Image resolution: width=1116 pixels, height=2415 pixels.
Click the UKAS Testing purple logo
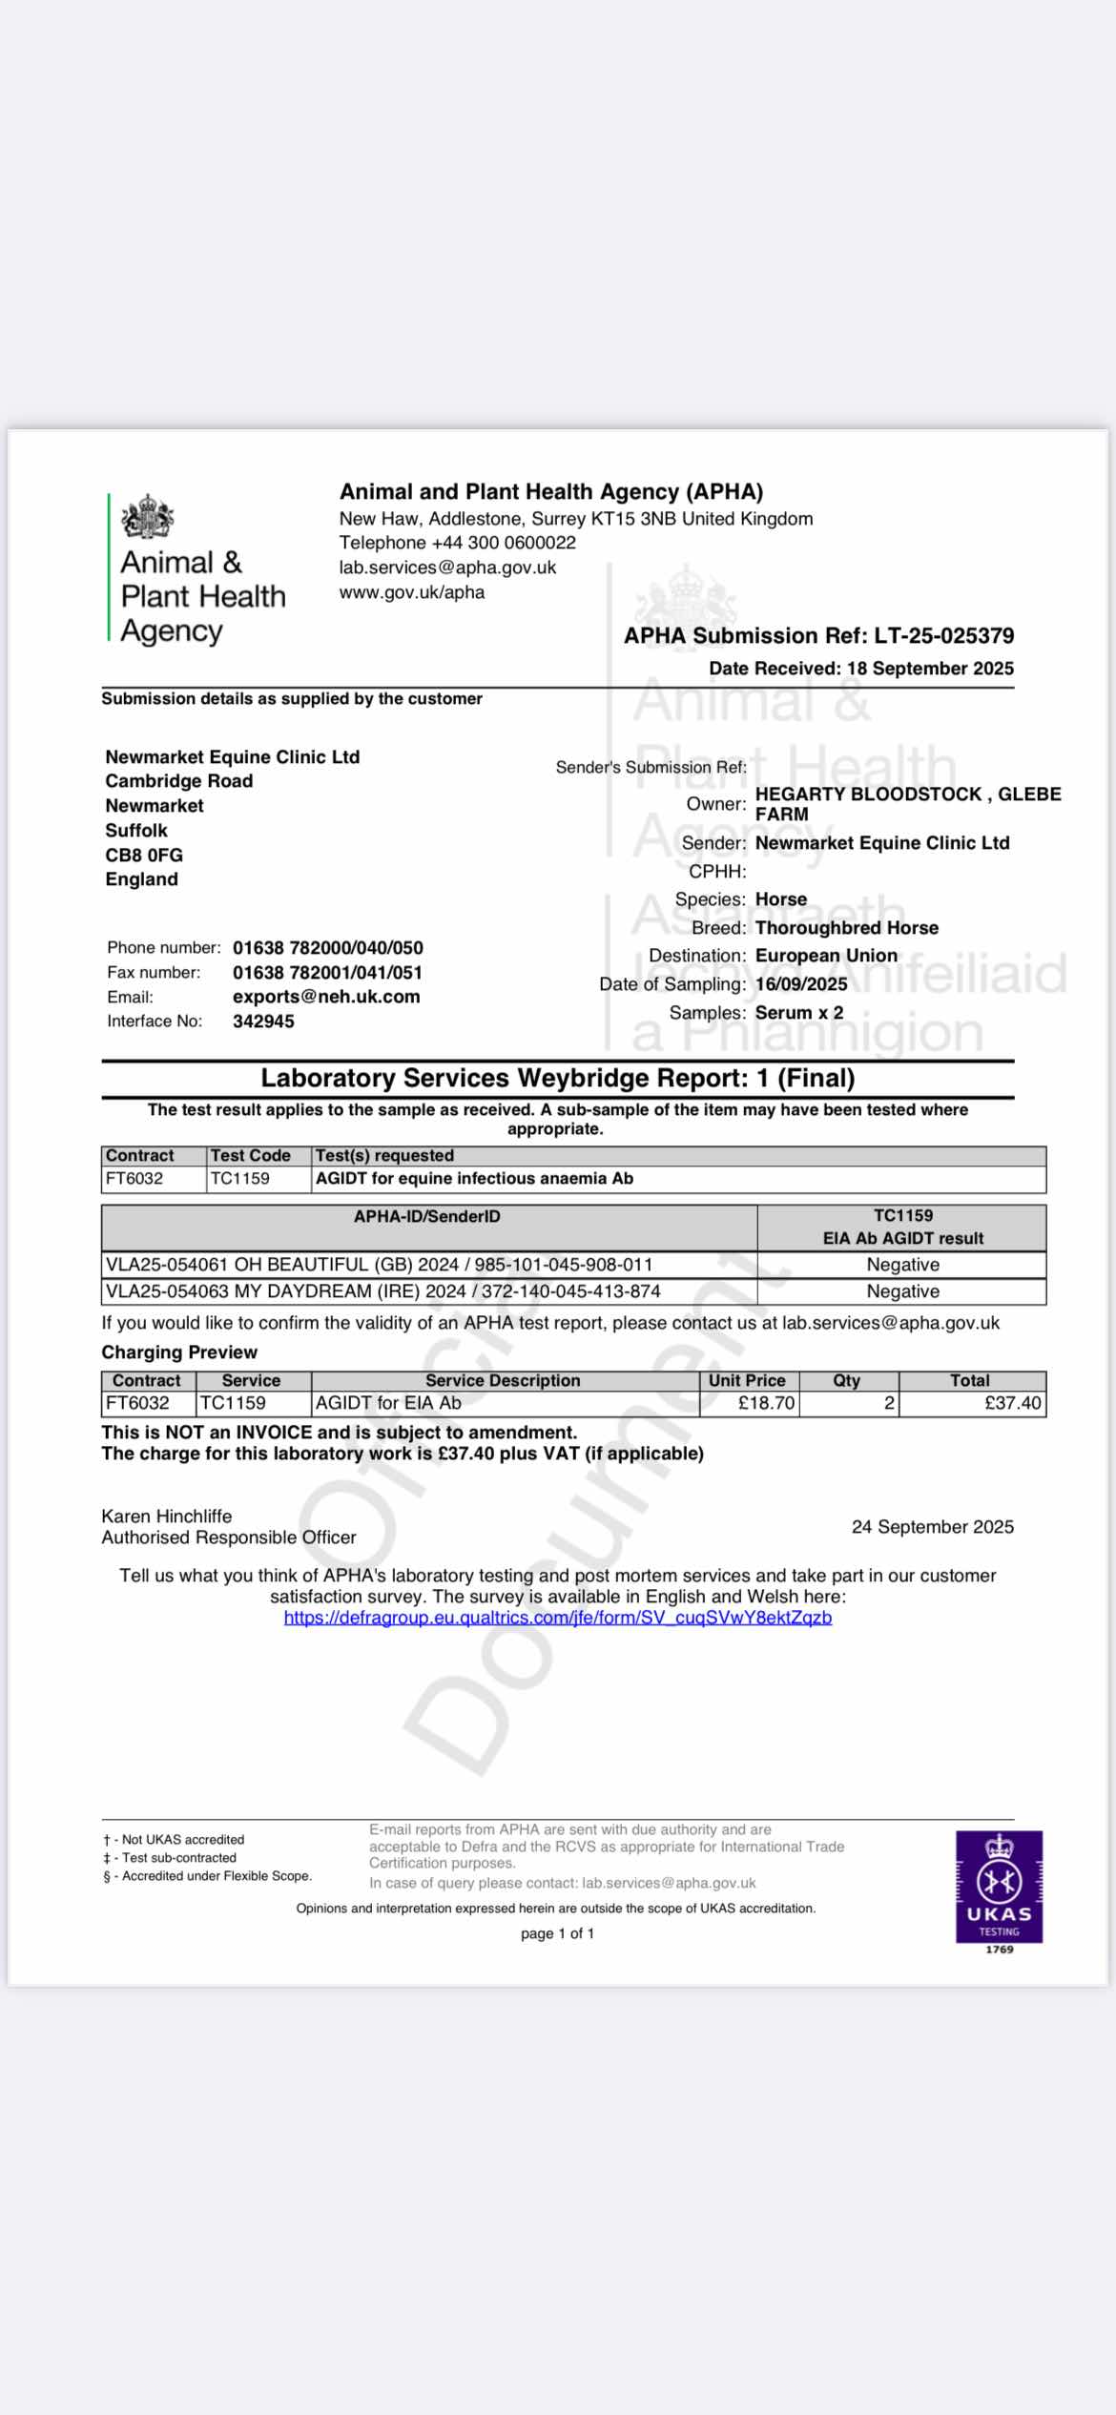coord(999,1886)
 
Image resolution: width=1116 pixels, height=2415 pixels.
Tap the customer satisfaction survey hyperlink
coord(558,1618)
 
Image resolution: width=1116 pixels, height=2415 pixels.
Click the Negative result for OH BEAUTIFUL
coord(902,1265)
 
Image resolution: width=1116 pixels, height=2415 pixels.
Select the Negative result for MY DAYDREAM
coord(902,1291)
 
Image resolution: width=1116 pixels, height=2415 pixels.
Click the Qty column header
coord(846,1380)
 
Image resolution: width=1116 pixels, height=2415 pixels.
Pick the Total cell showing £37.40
coord(1013,1403)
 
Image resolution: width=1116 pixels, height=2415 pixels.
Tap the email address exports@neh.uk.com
coord(326,997)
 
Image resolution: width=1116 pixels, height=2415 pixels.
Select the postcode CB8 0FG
coord(144,855)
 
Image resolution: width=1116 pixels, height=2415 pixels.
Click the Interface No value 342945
coord(263,1022)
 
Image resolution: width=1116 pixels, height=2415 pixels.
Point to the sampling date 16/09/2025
coord(801,984)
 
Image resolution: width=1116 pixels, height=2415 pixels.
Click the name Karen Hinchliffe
coord(167,1516)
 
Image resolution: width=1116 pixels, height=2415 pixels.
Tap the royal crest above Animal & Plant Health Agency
coord(148,518)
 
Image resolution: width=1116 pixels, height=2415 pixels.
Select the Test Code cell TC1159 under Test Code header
coord(240,1178)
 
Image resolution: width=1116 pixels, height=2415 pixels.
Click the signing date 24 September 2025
coord(932,1526)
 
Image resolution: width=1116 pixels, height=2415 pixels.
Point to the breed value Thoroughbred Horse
coord(846,928)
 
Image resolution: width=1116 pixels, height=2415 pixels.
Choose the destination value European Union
coord(826,956)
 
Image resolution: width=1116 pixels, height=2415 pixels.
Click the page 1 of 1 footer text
coord(557,1933)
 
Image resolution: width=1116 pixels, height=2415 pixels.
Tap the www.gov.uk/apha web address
coord(412,592)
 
